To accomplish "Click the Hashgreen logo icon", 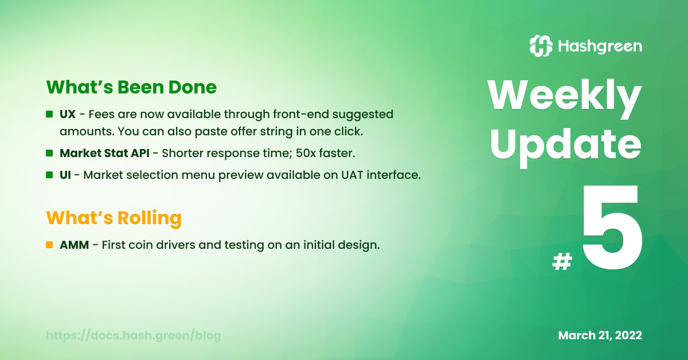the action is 541,46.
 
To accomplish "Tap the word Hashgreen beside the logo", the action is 600,46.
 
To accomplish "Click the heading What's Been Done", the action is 131,87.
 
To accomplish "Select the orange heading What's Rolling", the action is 114,218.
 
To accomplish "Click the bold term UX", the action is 68,114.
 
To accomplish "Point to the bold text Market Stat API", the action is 104,153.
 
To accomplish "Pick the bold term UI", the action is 65,175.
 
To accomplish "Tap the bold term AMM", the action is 75,245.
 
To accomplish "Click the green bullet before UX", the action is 49,114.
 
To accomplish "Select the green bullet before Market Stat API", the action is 49,153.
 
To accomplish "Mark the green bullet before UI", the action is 49,175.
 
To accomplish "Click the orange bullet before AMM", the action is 49,245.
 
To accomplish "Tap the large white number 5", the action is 612,228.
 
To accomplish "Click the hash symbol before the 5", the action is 562,262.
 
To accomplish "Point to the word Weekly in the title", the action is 565,96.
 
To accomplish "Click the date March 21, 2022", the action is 600,335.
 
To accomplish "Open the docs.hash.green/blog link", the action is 133,335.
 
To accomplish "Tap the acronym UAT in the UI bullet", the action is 352,175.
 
